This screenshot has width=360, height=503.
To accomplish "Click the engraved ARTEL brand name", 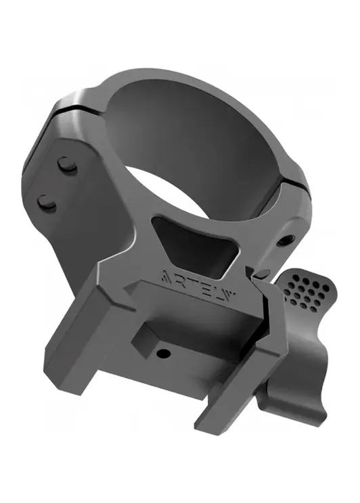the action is pos(198,283).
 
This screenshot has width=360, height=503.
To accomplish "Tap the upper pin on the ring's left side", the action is pos(67,166).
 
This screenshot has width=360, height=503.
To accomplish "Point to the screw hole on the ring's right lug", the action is pos(286,240).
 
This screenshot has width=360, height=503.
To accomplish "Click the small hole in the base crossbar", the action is pos(163,354).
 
